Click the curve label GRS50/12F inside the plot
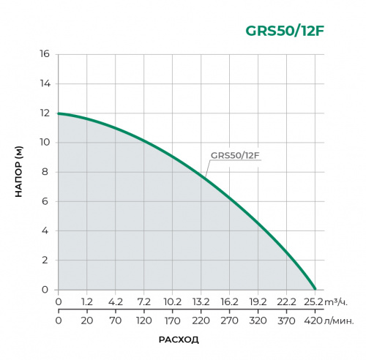pos(236,155)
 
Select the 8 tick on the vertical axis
pos(46,172)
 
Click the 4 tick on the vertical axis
pos(46,231)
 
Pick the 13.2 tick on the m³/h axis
pos(201,301)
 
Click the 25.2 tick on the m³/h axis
pos(315,301)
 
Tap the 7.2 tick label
pos(143,301)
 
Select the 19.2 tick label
pos(258,301)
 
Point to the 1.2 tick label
pos(86,301)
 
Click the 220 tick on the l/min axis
pos(201,320)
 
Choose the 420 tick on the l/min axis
pos(315,320)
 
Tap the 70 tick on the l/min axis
pos(115,320)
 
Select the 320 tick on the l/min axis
pos(258,320)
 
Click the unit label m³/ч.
pos(335,301)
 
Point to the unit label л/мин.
pos(340,320)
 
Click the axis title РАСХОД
pos(179,340)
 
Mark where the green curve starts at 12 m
pos(59,113)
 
